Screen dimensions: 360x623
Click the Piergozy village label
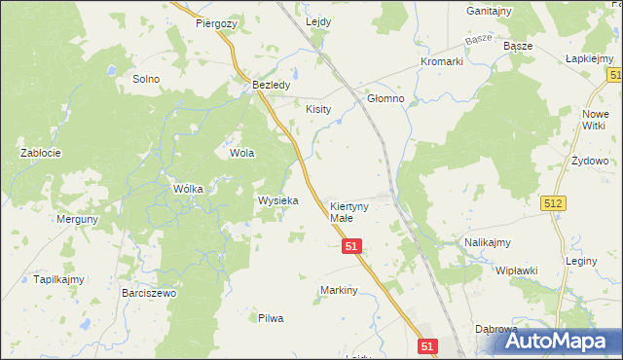(216, 22)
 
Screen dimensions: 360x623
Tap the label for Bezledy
(272, 86)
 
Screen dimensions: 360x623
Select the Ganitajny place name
(489, 11)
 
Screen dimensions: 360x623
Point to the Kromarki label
(441, 61)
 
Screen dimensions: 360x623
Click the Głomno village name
(385, 99)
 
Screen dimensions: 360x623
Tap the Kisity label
(319, 109)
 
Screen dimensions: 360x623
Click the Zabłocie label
(42, 153)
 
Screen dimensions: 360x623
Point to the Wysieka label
(277, 200)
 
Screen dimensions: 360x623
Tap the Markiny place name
(340, 290)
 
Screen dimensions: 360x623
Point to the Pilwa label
(270, 318)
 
